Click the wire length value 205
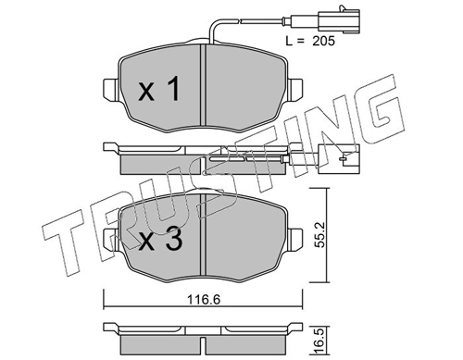coord(323,42)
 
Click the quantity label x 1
coord(159,90)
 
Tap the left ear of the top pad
coord(110,89)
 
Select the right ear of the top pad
coord(295,89)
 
